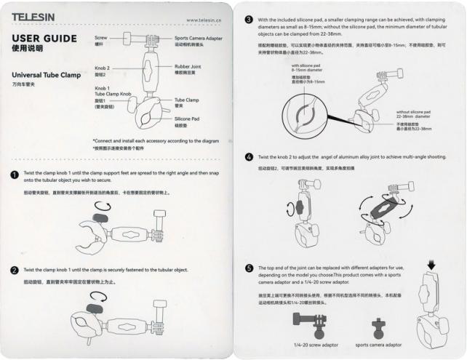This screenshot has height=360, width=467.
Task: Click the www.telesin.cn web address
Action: [205, 20]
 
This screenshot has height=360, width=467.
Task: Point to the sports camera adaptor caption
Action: [378, 345]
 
